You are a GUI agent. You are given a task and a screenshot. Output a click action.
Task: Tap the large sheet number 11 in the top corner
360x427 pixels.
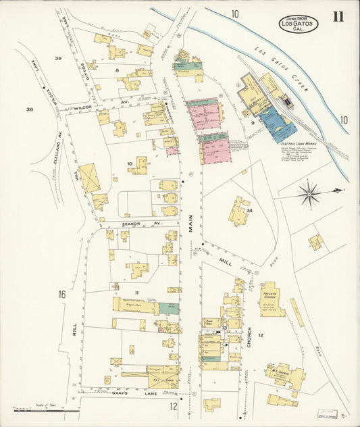click(338, 16)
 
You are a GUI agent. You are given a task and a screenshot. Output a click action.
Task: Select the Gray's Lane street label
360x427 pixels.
click(149, 393)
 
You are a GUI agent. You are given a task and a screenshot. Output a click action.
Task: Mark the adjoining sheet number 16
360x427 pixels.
click(62, 294)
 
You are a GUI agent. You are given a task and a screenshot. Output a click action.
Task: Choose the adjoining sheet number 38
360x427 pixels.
click(29, 109)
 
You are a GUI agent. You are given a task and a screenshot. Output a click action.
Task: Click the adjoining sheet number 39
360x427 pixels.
click(58, 59)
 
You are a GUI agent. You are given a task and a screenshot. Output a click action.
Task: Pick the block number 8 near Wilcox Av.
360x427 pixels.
click(117, 70)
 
